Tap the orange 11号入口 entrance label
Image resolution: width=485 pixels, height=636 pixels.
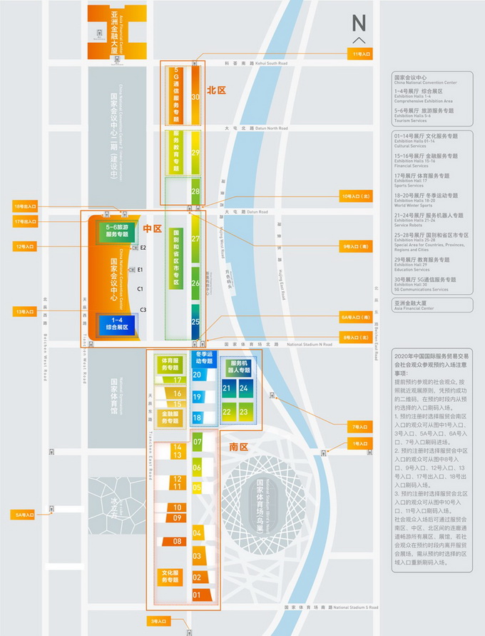(362, 54)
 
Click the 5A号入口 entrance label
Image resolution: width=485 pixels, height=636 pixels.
(23, 514)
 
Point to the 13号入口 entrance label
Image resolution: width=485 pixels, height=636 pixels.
(24, 311)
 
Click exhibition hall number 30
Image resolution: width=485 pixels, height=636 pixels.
(195, 98)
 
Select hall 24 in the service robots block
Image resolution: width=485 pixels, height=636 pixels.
(244, 388)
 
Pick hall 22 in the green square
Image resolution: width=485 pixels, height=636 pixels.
(227, 412)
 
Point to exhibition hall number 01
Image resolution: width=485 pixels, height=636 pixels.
(198, 595)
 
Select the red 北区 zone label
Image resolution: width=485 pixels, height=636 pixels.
(216, 91)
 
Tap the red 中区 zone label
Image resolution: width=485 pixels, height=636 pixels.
(153, 229)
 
